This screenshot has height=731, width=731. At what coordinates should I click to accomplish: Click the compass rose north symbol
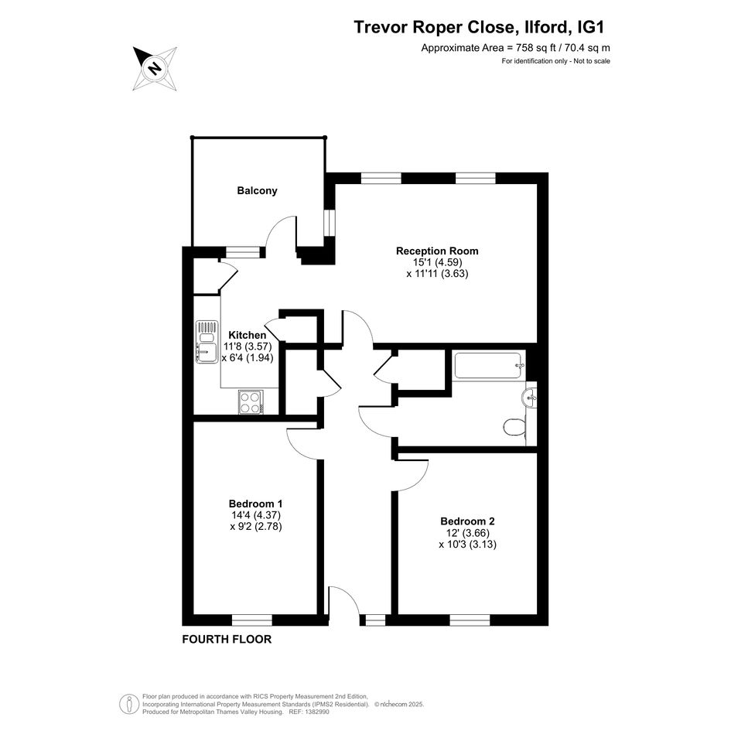pyautogui.click(x=155, y=69)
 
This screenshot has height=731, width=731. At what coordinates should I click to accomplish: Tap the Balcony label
pyautogui.click(x=257, y=190)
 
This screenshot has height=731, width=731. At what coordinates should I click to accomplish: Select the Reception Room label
pyautogui.click(x=437, y=251)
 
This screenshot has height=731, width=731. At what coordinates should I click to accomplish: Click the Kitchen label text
pyautogui.click(x=247, y=335)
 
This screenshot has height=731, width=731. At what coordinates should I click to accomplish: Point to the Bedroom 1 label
pyautogui.click(x=255, y=504)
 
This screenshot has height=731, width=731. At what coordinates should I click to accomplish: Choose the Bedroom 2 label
pyautogui.click(x=467, y=521)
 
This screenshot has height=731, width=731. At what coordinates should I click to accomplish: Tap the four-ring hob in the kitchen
pyautogui.click(x=251, y=402)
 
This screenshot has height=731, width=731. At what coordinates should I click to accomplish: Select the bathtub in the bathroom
pyautogui.click(x=490, y=366)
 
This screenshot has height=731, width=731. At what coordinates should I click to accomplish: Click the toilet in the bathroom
pyautogui.click(x=514, y=425)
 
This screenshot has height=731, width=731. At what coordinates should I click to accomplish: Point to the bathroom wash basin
pyautogui.click(x=528, y=398)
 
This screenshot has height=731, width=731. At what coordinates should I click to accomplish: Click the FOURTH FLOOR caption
pyautogui.click(x=227, y=639)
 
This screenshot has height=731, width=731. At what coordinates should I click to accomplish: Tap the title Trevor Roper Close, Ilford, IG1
pyautogui.click(x=480, y=27)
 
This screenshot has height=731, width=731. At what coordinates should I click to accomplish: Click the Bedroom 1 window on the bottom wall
pyautogui.click(x=251, y=620)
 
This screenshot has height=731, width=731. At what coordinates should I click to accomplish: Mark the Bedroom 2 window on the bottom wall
pyautogui.click(x=470, y=620)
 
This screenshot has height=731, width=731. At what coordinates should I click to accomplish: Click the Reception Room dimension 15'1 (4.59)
pyautogui.click(x=437, y=262)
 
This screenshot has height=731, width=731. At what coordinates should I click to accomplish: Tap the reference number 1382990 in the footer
pyautogui.click(x=316, y=712)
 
